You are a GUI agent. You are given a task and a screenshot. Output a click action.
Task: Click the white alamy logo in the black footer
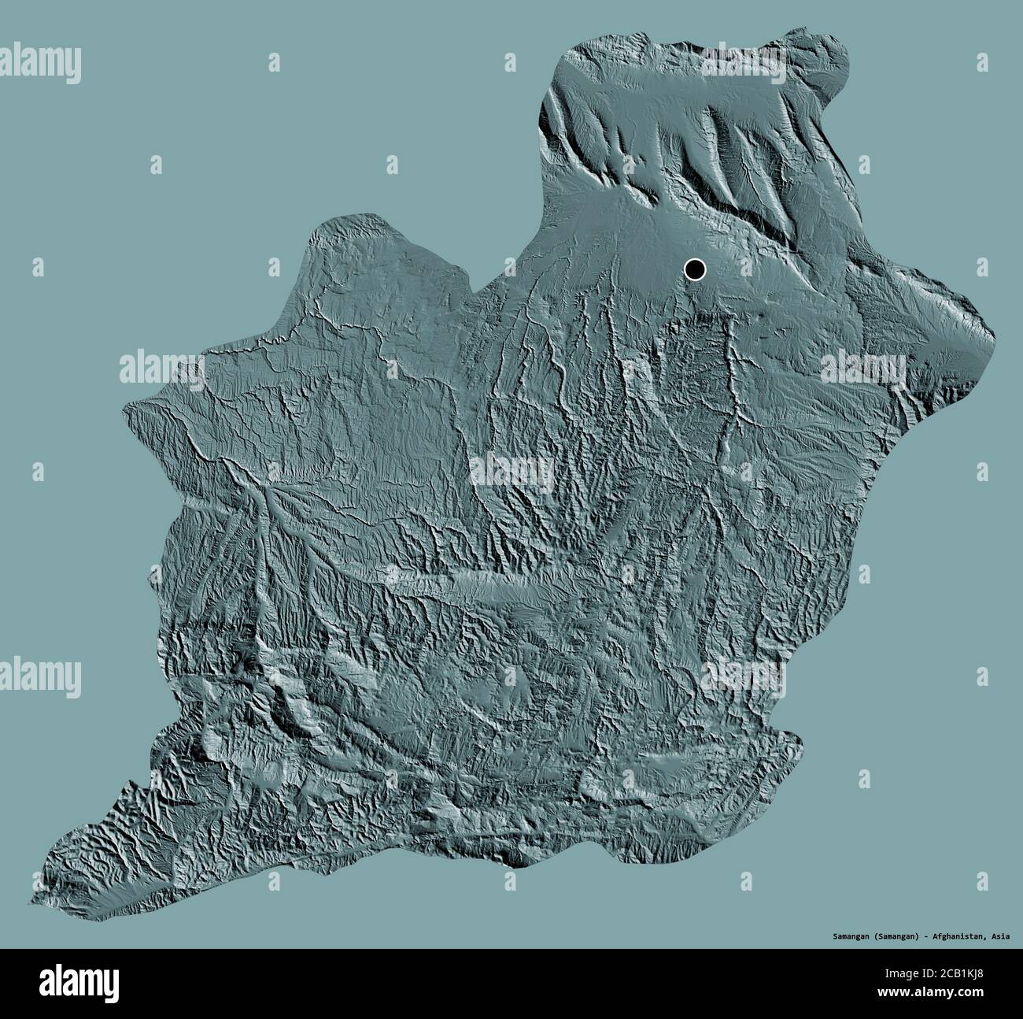pyautogui.click(x=64, y=984)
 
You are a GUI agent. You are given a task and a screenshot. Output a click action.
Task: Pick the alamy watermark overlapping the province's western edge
pyautogui.click(x=161, y=367)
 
